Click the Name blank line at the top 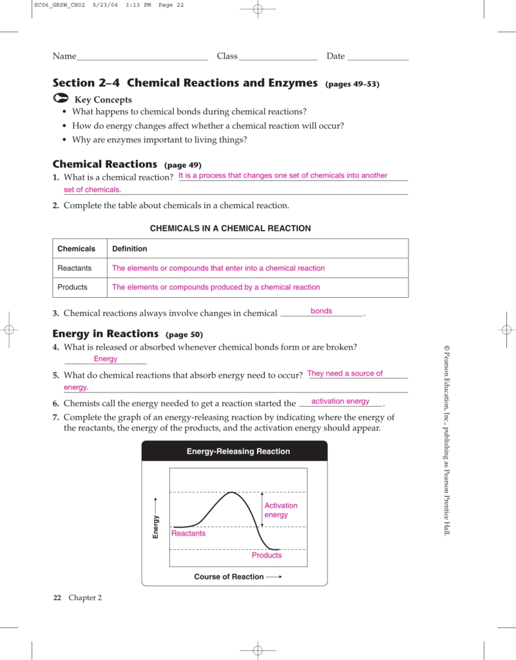(142, 59)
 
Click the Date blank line (377, 59)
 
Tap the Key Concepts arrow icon (60, 99)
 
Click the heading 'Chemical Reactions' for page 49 (104, 164)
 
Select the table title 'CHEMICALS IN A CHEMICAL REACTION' (230, 228)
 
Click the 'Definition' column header (129, 249)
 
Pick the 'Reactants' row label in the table (75, 268)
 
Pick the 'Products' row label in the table (73, 287)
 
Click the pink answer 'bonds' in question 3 (321, 311)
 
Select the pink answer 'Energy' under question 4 (106, 359)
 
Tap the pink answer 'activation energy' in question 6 (340, 402)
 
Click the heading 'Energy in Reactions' (105, 334)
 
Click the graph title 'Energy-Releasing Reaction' (238, 452)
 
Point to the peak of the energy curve (232, 493)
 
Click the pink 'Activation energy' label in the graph (281, 510)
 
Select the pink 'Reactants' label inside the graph (188, 533)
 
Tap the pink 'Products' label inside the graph (267, 555)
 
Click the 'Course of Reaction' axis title (229, 577)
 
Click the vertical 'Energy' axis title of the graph (155, 527)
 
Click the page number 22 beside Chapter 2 (57, 597)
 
